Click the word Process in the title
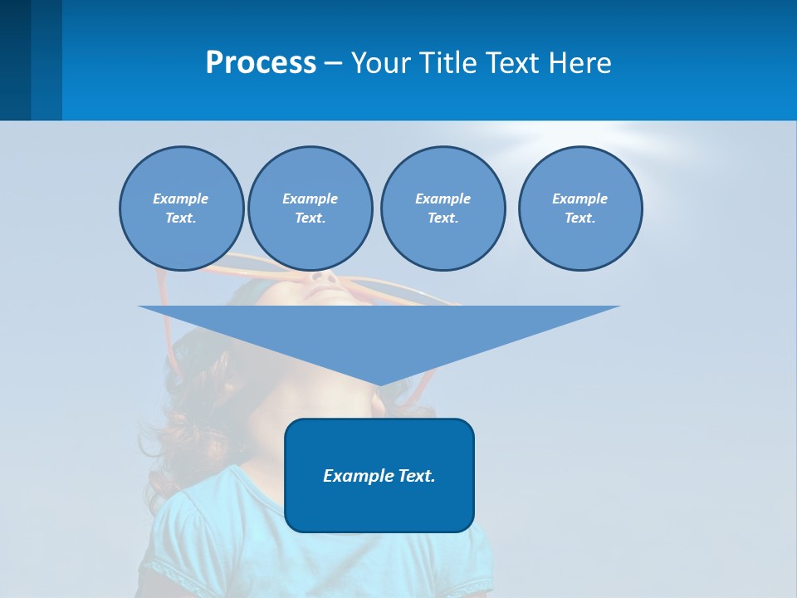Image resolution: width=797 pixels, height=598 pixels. pos(261,63)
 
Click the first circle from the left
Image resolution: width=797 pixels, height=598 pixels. pos(181,208)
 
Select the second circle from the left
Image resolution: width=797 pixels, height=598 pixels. pos(310,208)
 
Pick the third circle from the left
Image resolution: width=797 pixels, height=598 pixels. pos(443,208)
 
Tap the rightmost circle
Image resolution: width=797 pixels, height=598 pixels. pos(580,208)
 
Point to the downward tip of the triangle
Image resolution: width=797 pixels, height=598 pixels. pos(379,383)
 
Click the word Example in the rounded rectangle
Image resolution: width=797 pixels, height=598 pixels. pos(355,476)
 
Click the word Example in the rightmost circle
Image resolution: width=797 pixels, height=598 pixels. pos(580,199)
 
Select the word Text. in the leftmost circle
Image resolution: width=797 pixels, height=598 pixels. pos(181,218)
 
